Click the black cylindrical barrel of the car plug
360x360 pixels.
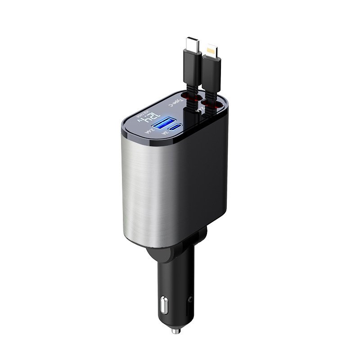[x=178, y=279]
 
